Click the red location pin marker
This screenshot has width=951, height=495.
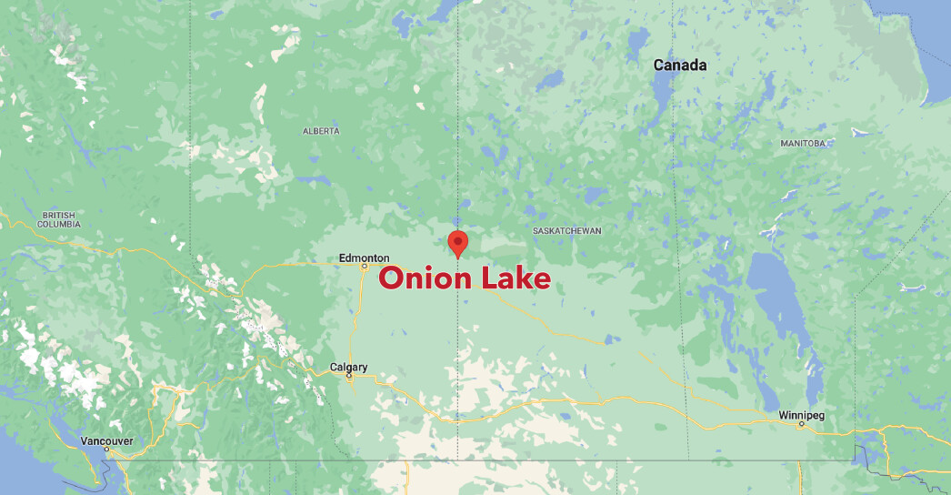pos(458,242)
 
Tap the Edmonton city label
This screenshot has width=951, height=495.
pos(364,258)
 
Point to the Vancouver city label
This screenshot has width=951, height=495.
pos(106,441)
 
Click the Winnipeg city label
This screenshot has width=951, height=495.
pos(801,416)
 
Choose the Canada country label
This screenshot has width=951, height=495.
pos(680,66)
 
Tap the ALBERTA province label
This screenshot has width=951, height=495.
pos(321,131)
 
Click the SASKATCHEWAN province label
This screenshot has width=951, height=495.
pos(567,231)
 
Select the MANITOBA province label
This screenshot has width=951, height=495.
pos(803,144)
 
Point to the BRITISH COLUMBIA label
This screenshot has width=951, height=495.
pos(59,219)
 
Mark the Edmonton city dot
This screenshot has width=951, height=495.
pos(364,268)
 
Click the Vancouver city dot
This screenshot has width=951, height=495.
pos(106,450)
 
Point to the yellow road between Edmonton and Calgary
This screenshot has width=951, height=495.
pos(360,318)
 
